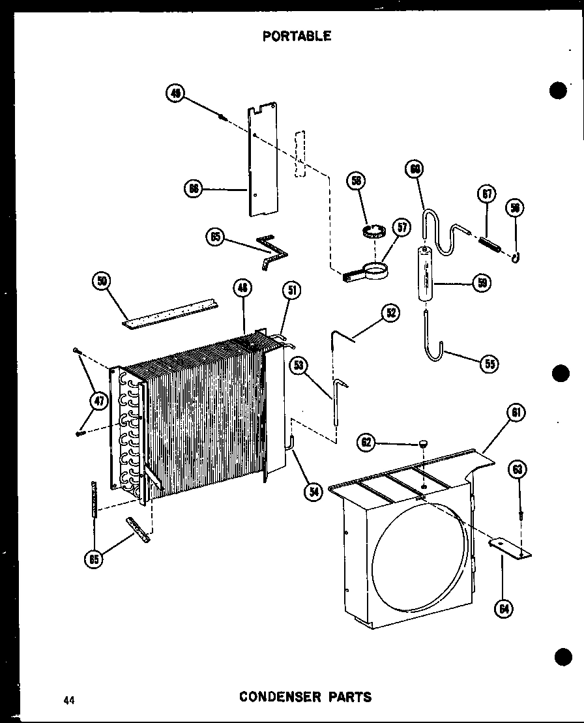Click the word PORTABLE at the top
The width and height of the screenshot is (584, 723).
(297, 37)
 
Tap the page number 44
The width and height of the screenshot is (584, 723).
(68, 700)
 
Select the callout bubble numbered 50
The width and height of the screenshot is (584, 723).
(102, 282)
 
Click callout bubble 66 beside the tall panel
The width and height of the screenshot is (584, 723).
(194, 189)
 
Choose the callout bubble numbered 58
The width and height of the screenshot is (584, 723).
(357, 181)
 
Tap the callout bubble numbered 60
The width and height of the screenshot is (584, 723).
(415, 169)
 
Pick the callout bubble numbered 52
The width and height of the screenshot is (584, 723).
(391, 313)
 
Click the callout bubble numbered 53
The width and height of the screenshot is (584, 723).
(299, 365)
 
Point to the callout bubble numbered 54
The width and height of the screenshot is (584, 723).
(314, 492)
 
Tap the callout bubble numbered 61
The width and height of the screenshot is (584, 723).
(515, 413)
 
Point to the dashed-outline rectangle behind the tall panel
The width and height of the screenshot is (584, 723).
(299, 153)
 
